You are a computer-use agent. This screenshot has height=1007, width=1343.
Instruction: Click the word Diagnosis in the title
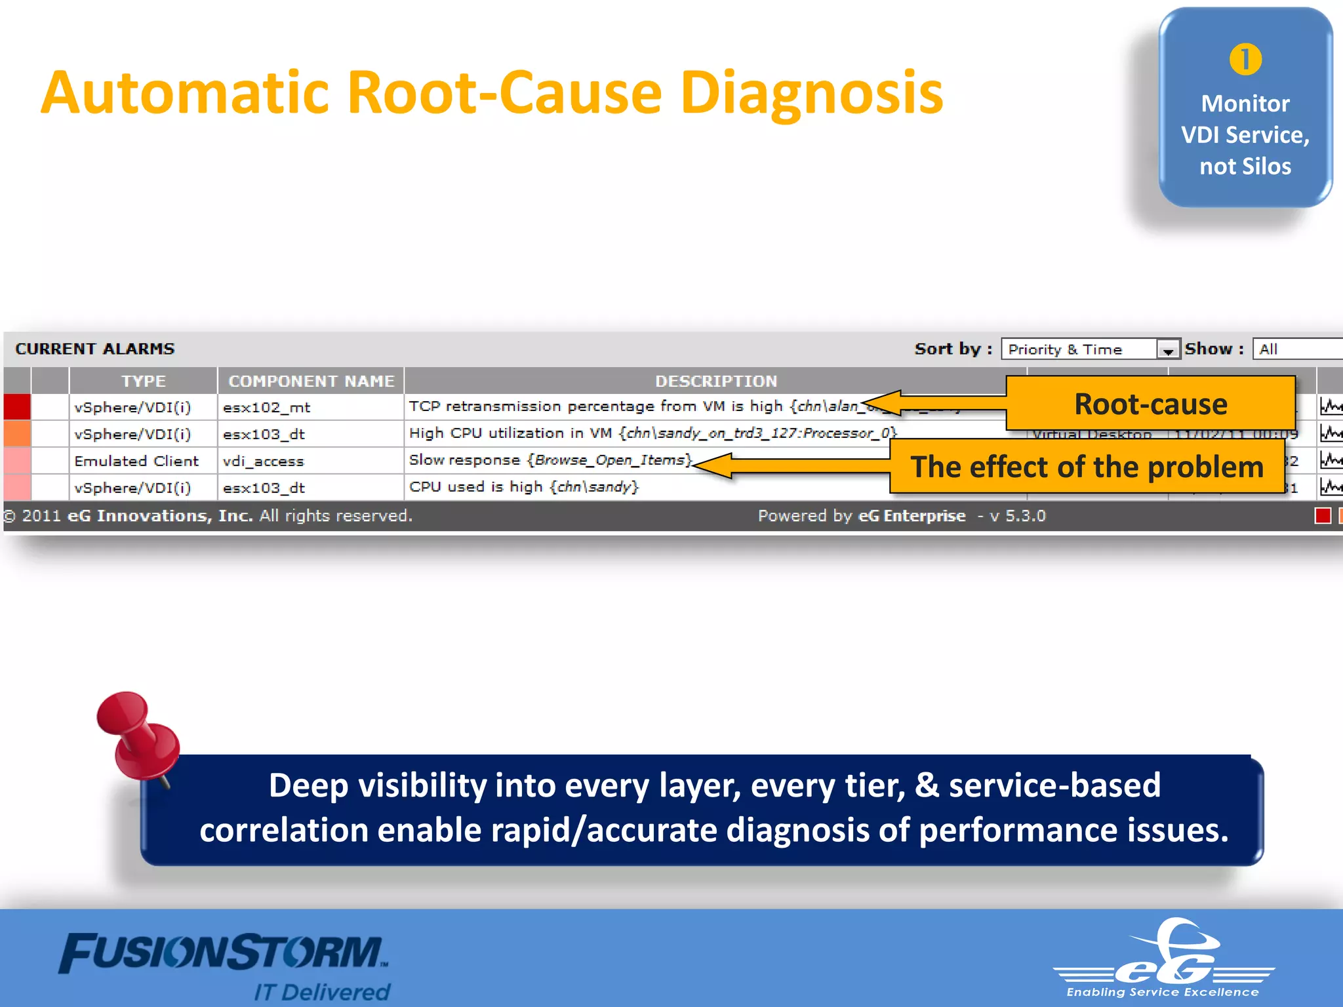click(811, 93)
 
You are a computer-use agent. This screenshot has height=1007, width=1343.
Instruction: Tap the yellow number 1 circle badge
click(1245, 60)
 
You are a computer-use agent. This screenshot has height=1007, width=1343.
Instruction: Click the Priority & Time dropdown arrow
click(1168, 349)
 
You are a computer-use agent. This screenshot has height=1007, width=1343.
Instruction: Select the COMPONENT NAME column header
click(311, 381)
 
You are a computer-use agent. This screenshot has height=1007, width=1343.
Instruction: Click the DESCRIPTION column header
click(715, 381)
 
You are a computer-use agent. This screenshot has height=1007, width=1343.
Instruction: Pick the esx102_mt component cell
click(266, 408)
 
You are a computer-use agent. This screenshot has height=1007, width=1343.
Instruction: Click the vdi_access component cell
click(264, 462)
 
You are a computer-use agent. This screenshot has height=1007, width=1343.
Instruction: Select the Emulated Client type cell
click(136, 462)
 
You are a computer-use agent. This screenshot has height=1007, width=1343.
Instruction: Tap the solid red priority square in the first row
click(17, 406)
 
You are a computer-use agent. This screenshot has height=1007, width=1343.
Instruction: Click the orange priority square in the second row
click(17, 434)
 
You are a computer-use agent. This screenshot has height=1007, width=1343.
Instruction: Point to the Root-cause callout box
click(1150, 404)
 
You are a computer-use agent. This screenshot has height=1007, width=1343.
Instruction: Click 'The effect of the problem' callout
click(1087, 467)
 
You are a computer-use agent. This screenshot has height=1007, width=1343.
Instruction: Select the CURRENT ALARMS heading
click(95, 349)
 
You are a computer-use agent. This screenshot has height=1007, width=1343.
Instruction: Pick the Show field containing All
click(1295, 349)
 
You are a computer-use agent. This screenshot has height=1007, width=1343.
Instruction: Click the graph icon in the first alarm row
click(1330, 406)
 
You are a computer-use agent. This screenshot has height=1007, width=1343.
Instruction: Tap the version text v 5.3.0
click(1017, 516)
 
